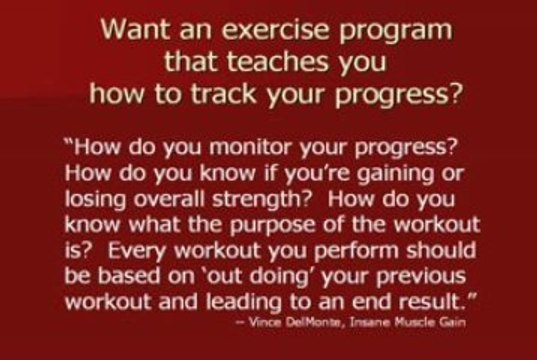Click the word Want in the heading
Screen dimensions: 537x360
click(x=135, y=29)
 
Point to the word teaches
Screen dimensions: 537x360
click(x=278, y=62)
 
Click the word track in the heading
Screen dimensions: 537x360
click(x=224, y=94)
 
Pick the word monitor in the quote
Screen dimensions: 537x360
click(x=251, y=147)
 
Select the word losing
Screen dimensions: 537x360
click(x=96, y=201)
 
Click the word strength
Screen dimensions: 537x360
click(x=262, y=201)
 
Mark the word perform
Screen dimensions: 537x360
click(x=357, y=252)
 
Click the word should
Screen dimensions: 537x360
click(x=441, y=250)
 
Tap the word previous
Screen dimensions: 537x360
click(x=421, y=277)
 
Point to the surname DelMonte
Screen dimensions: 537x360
click(x=312, y=322)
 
